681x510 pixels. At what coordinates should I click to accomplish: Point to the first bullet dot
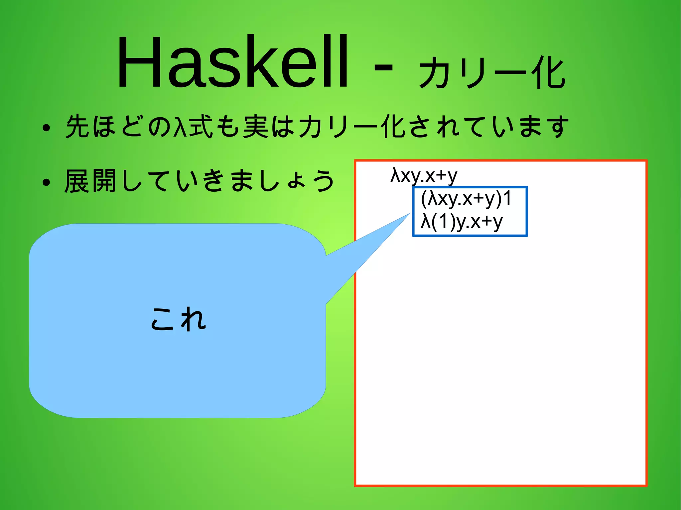[x=46, y=128]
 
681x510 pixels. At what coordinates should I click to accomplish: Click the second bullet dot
[x=46, y=182]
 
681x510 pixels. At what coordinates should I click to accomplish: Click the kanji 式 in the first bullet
[x=201, y=126]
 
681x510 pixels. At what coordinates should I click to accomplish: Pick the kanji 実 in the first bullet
[x=255, y=126]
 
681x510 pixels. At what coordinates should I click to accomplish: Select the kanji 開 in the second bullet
[x=104, y=181]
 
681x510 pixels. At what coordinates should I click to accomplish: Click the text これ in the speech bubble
[x=179, y=319]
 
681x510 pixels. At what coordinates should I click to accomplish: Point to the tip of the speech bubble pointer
[x=410, y=214]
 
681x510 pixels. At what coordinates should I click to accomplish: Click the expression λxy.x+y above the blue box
[x=424, y=175]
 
